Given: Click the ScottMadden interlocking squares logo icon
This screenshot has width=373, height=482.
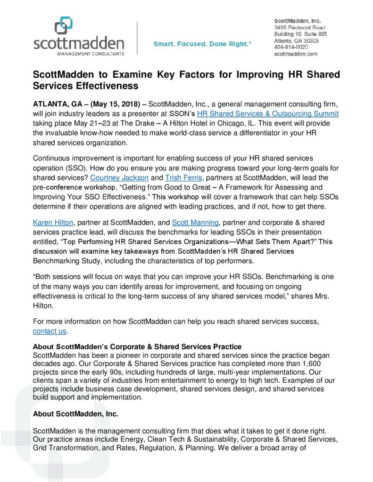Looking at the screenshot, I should (63, 25).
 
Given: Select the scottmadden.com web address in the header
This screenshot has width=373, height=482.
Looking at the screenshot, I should (296, 54).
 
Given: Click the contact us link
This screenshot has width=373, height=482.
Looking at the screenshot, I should (50, 331).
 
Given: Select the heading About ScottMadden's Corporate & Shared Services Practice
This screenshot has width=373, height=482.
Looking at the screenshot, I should (137, 347).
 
